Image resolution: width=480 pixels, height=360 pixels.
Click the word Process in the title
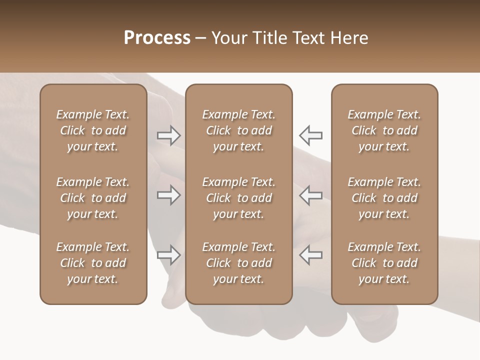click(x=157, y=38)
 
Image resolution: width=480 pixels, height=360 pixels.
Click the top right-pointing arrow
click(x=169, y=135)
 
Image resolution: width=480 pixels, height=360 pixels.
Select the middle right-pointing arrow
click(x=169, y=195)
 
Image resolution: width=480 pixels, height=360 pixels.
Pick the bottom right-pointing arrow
click(x=169, y=254)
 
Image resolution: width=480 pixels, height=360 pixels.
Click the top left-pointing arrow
click(x=310, y=135)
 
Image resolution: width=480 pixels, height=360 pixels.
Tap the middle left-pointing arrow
click(x=310, y=195)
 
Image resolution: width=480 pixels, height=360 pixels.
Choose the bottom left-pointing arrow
click(x=310, y=254)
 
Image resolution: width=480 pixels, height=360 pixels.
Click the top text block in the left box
click(x=93, y=130)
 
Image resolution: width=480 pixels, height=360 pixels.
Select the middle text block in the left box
click(x=93, y=198)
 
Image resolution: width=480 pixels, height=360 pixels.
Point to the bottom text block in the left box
click(x=93, y=263)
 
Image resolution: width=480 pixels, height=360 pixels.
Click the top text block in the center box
click(x=238, y=130)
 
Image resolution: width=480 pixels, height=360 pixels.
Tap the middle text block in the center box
click(x=238, y=198)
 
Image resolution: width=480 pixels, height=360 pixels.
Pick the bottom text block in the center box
click(x=238, y=263)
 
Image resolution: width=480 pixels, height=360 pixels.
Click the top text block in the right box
click(x=384, y=130)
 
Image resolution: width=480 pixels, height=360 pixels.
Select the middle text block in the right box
click(x=384, y=198)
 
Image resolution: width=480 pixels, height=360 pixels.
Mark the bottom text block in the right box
click(x=384, y=263)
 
